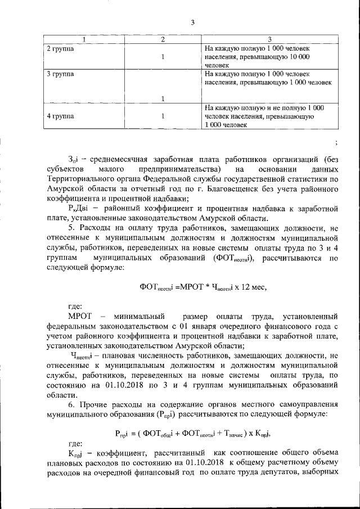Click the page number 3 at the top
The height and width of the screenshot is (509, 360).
192,22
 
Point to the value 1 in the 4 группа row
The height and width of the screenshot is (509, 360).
162,116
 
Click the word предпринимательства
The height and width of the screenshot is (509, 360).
183,169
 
